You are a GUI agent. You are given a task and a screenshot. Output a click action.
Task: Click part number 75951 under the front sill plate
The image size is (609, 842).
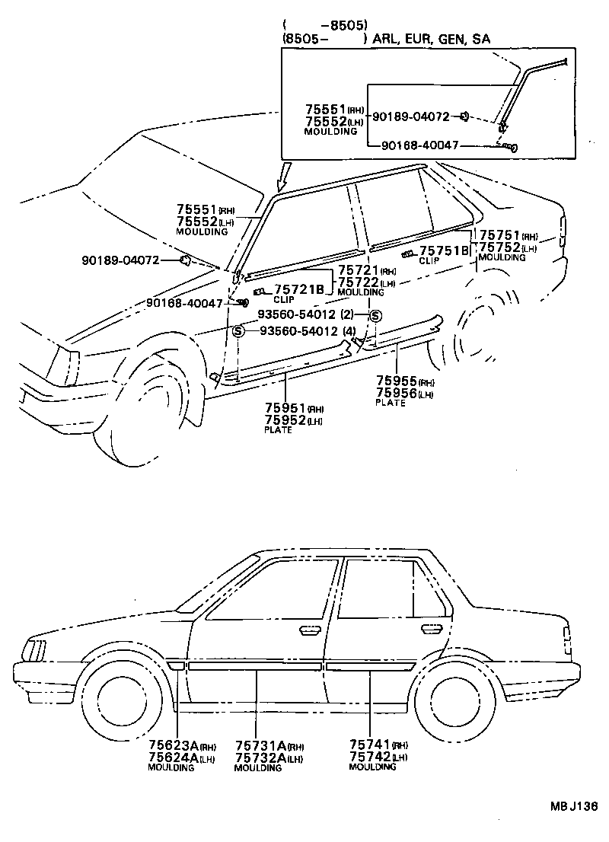285,408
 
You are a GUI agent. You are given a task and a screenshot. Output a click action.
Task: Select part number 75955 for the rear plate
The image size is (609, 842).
397,381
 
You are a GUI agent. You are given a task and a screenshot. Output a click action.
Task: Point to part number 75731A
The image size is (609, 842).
260,745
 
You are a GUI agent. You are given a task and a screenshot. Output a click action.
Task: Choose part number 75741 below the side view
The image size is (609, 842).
369,745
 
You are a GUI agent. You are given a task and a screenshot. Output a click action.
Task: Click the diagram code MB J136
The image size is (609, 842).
573,806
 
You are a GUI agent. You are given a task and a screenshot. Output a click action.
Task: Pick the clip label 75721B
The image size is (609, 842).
300,290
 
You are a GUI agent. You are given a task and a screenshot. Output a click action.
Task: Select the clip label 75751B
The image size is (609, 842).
444,250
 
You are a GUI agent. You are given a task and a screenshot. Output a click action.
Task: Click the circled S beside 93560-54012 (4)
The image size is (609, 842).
238,331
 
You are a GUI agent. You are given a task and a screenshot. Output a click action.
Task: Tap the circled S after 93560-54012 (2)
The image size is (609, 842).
375,316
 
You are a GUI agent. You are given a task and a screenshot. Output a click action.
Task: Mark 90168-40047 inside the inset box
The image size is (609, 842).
420,145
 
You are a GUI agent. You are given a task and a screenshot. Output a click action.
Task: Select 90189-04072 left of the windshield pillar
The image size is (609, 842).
121,260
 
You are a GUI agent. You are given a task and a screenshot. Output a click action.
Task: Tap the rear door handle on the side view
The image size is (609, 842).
431,628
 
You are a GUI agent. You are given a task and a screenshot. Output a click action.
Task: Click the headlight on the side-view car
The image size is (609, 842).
33,650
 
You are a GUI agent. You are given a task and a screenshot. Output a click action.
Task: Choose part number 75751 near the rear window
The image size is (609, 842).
499,235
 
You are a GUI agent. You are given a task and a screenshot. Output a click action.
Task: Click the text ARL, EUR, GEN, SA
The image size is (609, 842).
431,39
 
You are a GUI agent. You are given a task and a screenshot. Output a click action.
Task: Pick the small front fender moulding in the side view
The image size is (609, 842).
176,665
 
